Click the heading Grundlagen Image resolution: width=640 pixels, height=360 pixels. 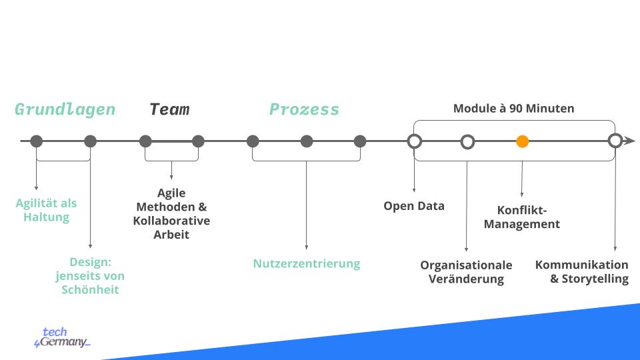click(x=65, y=109)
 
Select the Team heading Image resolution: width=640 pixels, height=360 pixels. click(x=169, y=109)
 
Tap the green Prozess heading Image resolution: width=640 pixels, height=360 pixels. click(x=304, y=109)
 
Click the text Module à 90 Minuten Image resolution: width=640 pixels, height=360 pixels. click(x=513, y=108)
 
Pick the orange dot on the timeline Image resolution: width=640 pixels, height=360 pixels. click(x=523, y=141)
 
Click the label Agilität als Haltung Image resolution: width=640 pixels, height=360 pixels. click(x=47, y=210)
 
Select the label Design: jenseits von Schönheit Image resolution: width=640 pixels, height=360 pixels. click(x=90, y=275)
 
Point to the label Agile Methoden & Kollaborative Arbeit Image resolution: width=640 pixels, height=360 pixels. click(x=171, y=214)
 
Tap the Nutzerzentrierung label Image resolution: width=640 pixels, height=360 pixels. click(x=306, y=263)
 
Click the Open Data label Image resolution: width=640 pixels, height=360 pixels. click(x=413, y=206)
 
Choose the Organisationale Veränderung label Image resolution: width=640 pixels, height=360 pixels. click(x=466, y=272)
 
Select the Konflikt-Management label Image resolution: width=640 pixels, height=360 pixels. click(x=521, y=217)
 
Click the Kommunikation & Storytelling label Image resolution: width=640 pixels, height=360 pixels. click(x=582, y=272)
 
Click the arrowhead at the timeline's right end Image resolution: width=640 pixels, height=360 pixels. click(x=629, y=141)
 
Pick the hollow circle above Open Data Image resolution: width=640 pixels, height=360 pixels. click(x=414, y=141)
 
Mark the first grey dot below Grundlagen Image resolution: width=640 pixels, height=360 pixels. click(x=37, y=141)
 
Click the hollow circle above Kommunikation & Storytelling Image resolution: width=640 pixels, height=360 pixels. click(x=615, y=141)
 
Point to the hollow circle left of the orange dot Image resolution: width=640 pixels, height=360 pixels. click(x=468, y=141)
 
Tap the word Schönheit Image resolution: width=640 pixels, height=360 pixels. click(x=90, y=289)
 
